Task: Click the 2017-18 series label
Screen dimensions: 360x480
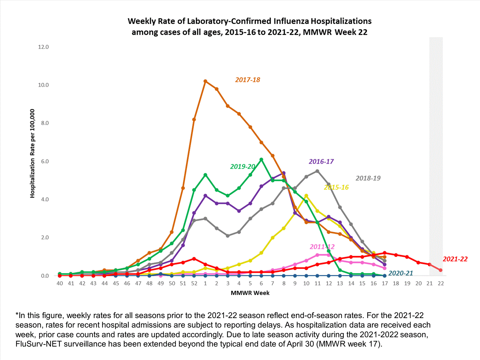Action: click(x=247, y=80)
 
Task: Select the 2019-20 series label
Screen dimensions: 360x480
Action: click(x=243, y=166)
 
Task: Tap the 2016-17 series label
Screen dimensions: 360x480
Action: click(x=321, y=162)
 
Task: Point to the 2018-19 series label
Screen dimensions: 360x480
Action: click(x=368, y=178)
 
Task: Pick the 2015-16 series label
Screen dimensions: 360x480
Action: click(x=336, y=187)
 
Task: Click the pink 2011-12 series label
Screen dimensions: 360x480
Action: click(x=322, y=247)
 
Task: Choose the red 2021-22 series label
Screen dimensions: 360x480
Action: click(x=455, y=259)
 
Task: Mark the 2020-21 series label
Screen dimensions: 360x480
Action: click(x=401, y=273)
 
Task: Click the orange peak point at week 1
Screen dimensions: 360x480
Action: click(x=205, y=81)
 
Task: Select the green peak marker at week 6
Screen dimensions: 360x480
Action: click(x=261, y=159)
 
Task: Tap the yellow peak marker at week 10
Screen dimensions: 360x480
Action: click(x=306, y=196)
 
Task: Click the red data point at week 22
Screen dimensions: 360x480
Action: click(x=441, y=270)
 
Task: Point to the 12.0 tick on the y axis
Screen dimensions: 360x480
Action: click(x=43, y=47)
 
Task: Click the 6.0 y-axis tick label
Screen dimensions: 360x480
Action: click(x=44, y=161)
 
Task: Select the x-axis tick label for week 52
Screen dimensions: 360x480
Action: click(x=194, y=283)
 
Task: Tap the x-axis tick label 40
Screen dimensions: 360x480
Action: click(x=60, y=283)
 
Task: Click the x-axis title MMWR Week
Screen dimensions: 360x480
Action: click(x=250, y=293)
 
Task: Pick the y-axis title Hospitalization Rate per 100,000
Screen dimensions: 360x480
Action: click(x=32, y=153)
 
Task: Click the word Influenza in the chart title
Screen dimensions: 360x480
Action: click(x=291, y=21)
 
